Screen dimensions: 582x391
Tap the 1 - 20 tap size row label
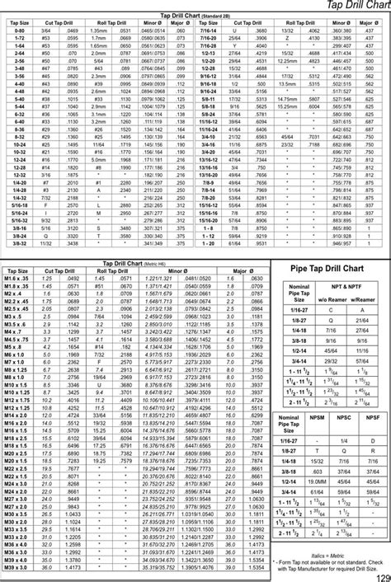click(206, 243)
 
